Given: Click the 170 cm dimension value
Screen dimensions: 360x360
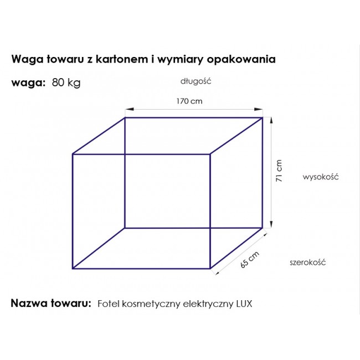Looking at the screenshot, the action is click(x=189, y=101).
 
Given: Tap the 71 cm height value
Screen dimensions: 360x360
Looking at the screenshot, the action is click(x=279, y=171).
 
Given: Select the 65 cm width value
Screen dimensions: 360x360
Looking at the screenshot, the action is click(x=250, y=260).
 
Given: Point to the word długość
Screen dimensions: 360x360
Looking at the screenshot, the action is click(x=196, y=81).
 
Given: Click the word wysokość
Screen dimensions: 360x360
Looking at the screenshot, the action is click(x=321, y=177).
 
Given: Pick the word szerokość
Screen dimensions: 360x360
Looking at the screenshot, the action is click(x=307, y=262).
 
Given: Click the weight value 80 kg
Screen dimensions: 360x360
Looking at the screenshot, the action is click(x=66, y=83).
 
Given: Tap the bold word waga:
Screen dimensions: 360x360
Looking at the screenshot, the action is click(x=28, y=83).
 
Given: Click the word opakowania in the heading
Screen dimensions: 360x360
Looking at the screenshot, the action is click(x=241, y=60).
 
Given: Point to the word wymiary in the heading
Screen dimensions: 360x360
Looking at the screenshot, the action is click(x=180, y=60).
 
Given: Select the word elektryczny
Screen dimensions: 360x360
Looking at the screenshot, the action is click(x=208, y=304).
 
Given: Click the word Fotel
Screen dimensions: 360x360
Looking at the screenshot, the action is click(x=109, y=304).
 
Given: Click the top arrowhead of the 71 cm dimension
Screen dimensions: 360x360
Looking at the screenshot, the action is click(x=271, y=121).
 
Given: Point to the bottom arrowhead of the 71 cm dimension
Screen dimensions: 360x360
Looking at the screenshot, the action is click(x=271, y=224).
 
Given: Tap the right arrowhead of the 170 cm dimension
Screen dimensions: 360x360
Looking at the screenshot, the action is click(x=259, y=109).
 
